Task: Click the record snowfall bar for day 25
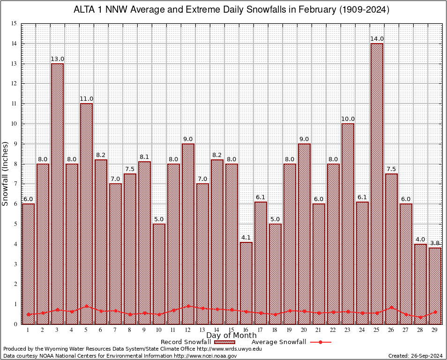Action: click(377, 183)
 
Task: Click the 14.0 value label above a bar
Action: click(377, 39)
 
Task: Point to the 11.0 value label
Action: click(86, 99)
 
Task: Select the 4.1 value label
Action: click(246, 238)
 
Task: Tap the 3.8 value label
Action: click(435, 243)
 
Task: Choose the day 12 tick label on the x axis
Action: click(188, 330)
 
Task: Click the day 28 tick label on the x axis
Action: click(420, 330)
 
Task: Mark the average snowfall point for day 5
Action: click(86, 306)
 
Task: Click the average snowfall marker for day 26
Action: click(391, 308)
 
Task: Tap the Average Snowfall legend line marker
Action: click(320, 342)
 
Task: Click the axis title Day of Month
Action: click(231, 335)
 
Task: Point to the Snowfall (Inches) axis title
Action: click(6, 174)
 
